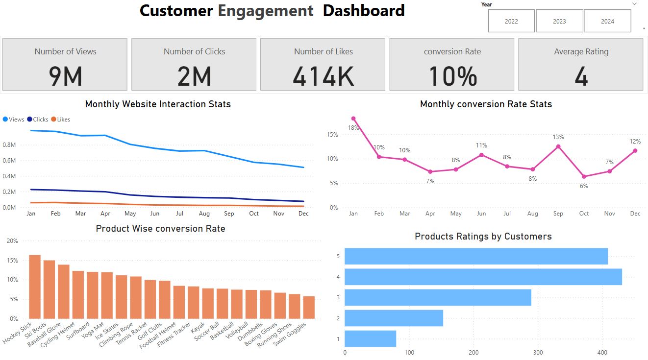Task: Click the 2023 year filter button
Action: [x=559, y=21]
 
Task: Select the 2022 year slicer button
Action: [x=511, y=21]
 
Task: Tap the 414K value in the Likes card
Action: [x=323, y=76]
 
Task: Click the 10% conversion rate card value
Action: [x=452, y=76]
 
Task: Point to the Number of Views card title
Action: [x=65, y=51]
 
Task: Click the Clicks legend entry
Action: [x=38, y=120]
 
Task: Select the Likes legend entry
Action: [x=60, y=120]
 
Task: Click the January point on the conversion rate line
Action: [x=353, y=119]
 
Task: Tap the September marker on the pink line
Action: [x=558, y=146]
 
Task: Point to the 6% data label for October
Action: [x=584, y=186]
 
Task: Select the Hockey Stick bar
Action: [x=35, y=287]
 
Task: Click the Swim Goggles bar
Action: [x=309, y=308]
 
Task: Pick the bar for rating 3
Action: [x=438, y=297]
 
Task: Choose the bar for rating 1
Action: [x=370, y=338]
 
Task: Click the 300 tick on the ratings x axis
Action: [x=538, y=353]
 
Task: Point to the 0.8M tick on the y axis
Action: [x=9, y=145]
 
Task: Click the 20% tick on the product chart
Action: [x=12, y=241]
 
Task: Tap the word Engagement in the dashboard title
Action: [x=266, y=11]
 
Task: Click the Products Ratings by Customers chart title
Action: [x=483, y=237]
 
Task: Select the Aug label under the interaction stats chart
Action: [x=204, y=214]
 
